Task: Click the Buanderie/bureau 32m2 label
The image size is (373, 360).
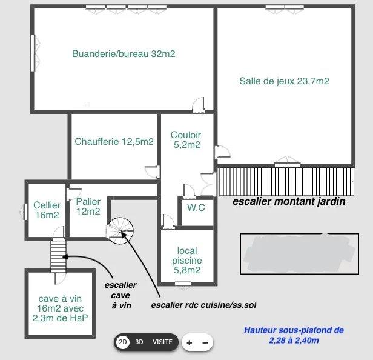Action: pos(124,54)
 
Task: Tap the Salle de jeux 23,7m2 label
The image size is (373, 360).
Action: pos(284,81)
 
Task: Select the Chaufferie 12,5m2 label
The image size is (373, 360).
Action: pos(114,142)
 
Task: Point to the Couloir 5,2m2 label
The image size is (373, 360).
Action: pos(186,139)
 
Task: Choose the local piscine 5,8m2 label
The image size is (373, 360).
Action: pos(187,260)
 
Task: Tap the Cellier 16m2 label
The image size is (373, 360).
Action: pos(47,210)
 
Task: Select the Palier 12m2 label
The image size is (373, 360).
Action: pos(88,206)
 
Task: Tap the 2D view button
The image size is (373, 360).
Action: pos(123,342)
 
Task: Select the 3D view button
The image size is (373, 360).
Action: pos(140,342)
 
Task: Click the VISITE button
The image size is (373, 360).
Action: pos(162,342)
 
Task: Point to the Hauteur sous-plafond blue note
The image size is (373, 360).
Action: pos(294,335)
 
